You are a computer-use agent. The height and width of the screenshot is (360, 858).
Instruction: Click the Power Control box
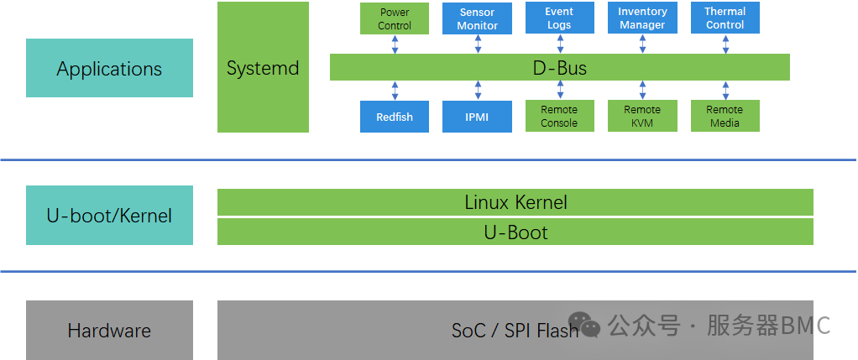[394, 18]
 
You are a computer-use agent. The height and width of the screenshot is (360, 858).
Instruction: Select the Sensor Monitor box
[477, 18]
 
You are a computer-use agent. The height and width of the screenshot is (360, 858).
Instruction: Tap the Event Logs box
[559, 18]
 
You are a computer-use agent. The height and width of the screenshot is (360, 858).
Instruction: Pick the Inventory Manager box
[642, 18]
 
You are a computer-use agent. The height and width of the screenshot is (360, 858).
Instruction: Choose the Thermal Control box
[725, 18]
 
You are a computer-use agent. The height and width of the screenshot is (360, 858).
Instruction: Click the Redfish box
[394, 117]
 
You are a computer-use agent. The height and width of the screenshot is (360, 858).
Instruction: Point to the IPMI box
[477, 117]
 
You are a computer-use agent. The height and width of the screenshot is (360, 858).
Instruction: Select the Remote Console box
[559, 117]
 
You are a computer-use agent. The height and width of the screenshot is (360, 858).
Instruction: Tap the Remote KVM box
[642, 117]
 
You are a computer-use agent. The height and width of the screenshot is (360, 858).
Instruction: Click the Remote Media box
[725, 117]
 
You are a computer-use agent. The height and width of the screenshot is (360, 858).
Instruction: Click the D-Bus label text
[559, 68]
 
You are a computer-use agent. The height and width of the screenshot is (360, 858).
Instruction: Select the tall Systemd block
[263, 67]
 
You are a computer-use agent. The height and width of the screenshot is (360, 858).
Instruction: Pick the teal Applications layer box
[109, 68]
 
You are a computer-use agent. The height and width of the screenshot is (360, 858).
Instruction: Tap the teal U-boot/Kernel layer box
[109, 216]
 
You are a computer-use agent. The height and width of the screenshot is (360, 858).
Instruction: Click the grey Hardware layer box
[109, 330]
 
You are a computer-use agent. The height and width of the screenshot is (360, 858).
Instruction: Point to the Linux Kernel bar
[515, 202]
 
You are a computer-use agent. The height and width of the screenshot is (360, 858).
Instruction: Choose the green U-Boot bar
[515, 232]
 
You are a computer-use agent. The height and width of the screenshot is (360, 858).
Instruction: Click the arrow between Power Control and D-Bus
[395, 44]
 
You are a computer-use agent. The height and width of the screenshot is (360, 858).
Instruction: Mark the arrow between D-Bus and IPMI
[478, 91]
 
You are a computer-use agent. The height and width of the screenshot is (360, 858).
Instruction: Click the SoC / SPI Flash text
[514, 331]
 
